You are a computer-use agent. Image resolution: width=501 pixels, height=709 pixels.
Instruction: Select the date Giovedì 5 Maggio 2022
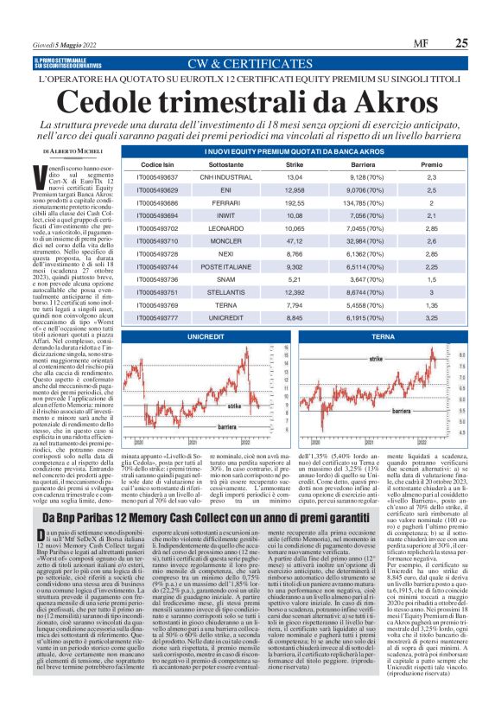72,42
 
